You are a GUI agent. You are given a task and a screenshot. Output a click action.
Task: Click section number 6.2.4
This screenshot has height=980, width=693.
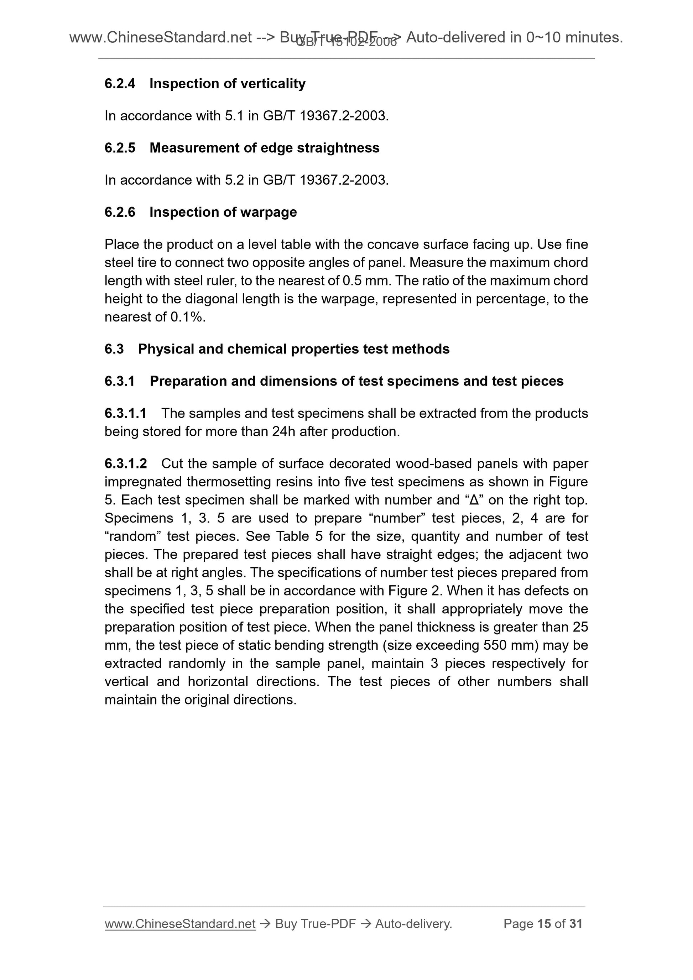(120, 84)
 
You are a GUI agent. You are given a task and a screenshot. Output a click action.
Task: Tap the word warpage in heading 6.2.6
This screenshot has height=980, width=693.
(271, 212)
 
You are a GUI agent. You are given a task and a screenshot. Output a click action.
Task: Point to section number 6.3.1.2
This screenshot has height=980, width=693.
(126, 463)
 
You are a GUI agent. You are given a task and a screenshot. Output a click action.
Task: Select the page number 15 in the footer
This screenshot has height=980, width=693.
(544, 924)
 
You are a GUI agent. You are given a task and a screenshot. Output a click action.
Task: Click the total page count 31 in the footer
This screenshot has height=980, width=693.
(575, 924)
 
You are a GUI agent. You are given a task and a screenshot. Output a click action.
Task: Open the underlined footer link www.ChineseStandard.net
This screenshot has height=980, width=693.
(180, 924)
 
